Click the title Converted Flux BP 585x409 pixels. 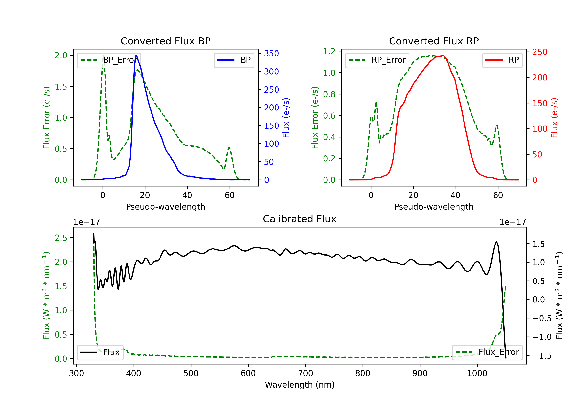(165, 41)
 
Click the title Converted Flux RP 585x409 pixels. (434, 41)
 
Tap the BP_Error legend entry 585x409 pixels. (109, 60)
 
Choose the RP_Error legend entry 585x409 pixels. (377, 60)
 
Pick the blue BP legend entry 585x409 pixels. (234, 60)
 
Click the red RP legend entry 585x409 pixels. (502, 60)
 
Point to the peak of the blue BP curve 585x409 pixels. (136, 56)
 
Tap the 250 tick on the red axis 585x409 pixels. (540, 52)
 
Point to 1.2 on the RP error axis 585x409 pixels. (329, 51)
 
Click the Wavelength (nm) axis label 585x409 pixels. (300, 385)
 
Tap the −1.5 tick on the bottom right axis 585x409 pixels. (542, 356)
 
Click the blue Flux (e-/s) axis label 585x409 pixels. (286, 118)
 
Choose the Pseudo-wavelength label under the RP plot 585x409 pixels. (434, 207)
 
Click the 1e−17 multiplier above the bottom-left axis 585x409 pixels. (87, 222)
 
